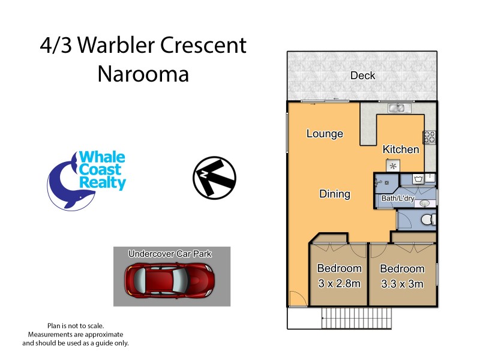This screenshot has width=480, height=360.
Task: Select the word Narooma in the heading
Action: (143, 74)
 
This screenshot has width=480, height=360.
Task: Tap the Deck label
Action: (362, 76)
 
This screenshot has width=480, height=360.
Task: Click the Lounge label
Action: (325, 133)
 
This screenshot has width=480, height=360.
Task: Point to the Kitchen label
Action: (401, 149)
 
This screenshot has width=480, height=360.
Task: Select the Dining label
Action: (334, 194)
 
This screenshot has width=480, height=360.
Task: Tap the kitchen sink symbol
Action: (396, 108)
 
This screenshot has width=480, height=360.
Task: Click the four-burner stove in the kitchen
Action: (430, 137)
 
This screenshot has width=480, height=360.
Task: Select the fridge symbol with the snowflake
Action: (393, 166)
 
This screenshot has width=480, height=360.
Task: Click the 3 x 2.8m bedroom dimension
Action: (339, 283)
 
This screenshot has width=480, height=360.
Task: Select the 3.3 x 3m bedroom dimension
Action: (402, 283)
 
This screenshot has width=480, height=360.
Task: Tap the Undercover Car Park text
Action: (170, 254)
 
